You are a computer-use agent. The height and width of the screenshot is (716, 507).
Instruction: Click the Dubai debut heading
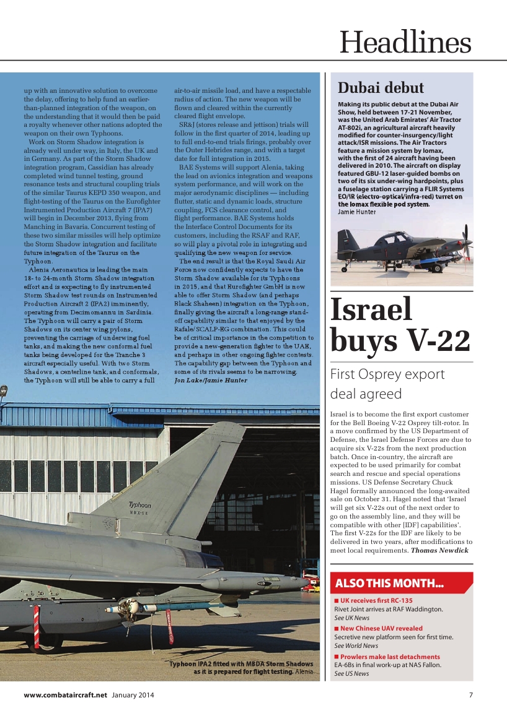381,87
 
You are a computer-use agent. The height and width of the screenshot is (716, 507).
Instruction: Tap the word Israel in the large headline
371,309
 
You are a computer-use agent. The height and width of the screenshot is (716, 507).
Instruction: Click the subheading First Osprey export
387,374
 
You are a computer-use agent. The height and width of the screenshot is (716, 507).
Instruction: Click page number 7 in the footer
471,695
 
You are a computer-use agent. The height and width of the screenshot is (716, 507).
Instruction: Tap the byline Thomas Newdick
439,550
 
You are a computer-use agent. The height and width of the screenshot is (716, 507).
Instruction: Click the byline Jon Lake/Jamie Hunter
211,381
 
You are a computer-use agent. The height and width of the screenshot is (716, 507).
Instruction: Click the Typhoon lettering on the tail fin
139,505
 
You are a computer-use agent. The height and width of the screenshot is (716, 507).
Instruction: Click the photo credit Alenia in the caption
304,671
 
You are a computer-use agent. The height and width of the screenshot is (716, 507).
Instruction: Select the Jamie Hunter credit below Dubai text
356,212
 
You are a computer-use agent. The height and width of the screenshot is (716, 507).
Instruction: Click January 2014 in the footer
133,695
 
